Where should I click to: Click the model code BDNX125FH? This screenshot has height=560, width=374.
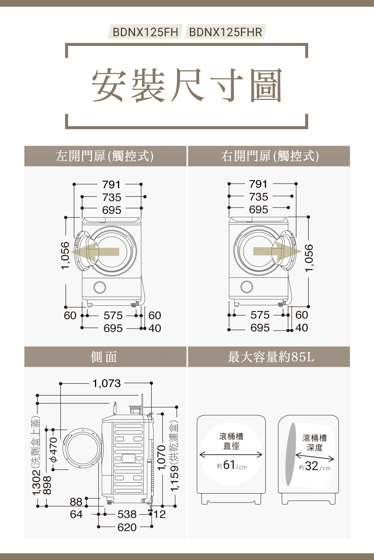[x=145, y=32]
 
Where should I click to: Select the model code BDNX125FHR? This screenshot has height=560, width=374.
[x=226, y=32]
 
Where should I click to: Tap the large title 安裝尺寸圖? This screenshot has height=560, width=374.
[x=187, y=85]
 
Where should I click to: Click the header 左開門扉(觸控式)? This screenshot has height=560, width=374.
[x=105, y=156]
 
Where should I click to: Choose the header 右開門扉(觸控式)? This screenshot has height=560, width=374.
[x=270, y=156]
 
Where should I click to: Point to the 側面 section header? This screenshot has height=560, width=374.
[x=104, y=357]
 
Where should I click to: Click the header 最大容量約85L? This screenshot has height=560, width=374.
[x=271, y=357]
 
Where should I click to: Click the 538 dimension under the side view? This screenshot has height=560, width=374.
[x=127, y=514]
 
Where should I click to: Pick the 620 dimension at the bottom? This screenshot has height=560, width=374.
[x=127, y=527]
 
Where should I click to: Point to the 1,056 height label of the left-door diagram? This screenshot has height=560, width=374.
[x=65, y=255]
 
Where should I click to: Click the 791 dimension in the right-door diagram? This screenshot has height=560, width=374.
[x=258, y=184]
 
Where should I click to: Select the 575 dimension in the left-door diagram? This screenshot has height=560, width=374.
[x=113, y=315]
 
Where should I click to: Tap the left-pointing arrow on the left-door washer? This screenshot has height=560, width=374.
[x=95, y=252]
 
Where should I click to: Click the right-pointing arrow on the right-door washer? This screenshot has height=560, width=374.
[x=278, y=251]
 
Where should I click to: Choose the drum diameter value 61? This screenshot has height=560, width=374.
[x=229, y=465]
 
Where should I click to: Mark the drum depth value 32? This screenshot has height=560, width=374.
[x=312, y=466]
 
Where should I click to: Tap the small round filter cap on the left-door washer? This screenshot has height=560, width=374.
[x=100, y=287]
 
